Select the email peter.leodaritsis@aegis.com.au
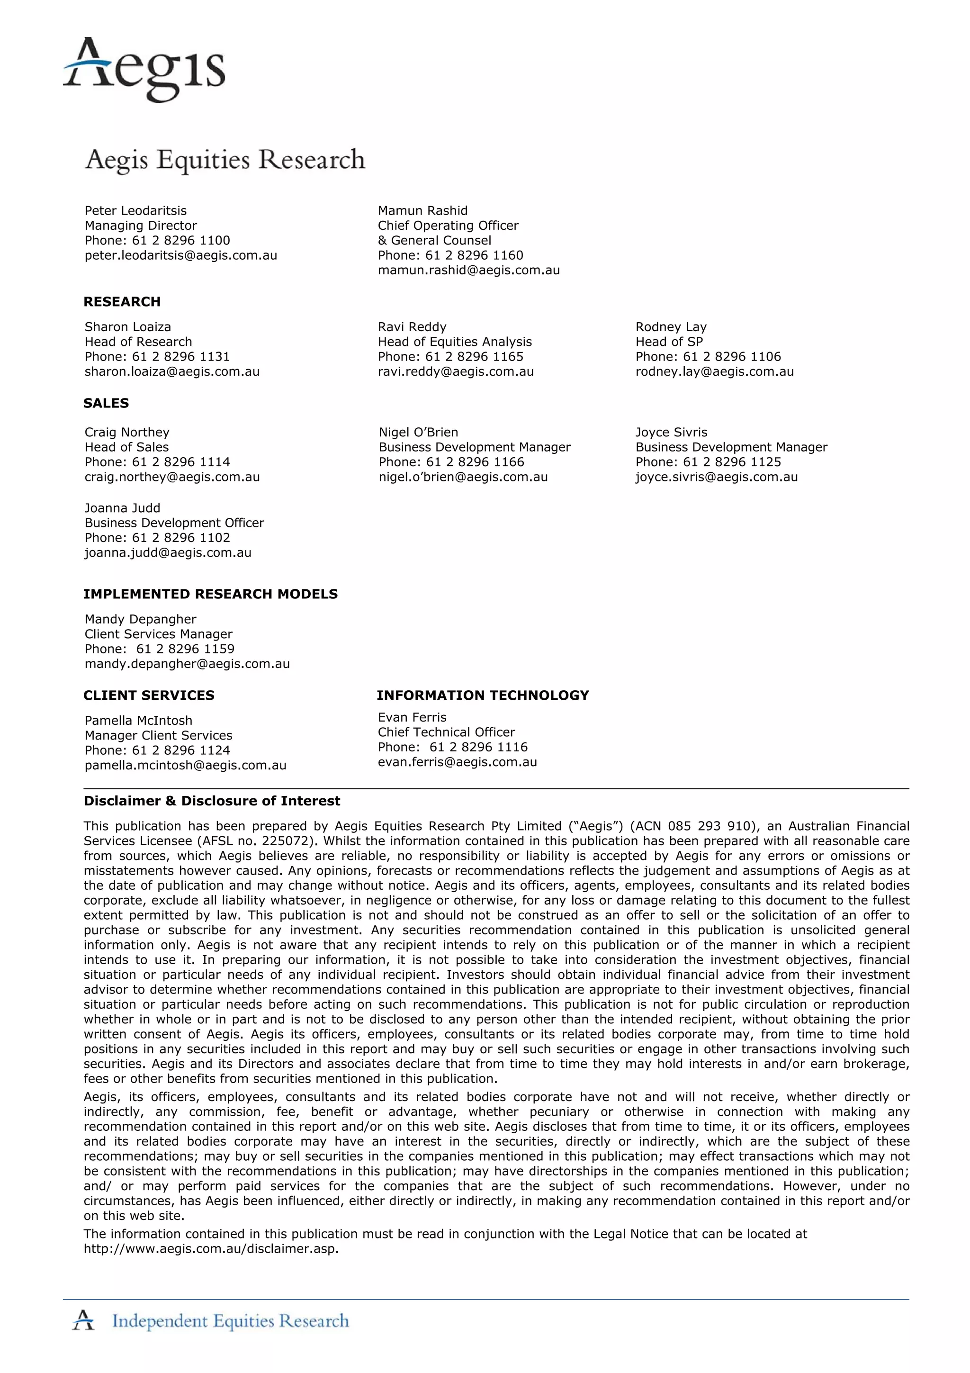coord(180,255)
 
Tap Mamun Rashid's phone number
coord(450,255)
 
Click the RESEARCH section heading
coord(122,301)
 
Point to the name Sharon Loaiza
coord(127,327)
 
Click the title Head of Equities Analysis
coord(454,342)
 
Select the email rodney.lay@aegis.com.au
coord(714,371)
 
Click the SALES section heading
coord(106,403)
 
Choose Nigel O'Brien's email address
coord(463,477)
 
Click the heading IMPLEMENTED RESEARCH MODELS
coord(210,594)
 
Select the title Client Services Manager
coord(158,634)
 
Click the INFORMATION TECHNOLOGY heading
coord(482,696)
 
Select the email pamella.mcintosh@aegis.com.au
coord(185,766)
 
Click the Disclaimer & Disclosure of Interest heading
coord(212,801)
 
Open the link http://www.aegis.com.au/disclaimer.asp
coord(211,1249)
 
